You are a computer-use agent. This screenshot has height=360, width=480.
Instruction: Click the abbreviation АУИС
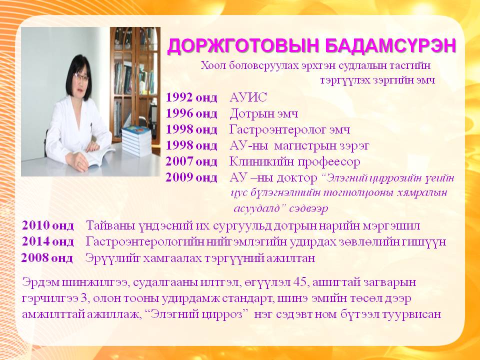pos(248,97)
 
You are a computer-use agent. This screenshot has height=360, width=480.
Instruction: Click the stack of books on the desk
pos(136,141)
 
